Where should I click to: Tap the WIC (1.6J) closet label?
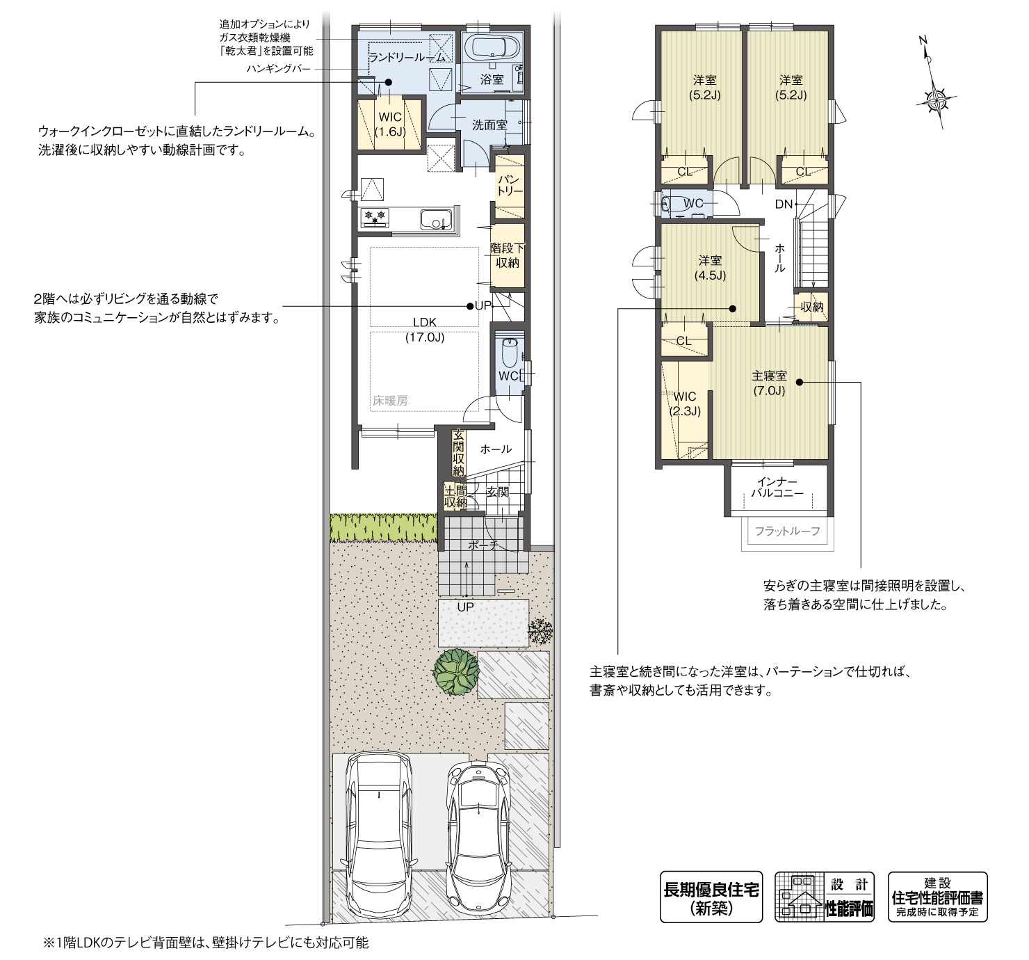click(389, 124)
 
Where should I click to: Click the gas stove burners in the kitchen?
click(376, 218)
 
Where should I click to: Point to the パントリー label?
click(510, 185)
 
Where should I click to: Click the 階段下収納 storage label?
click(508, 255)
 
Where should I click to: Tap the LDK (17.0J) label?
click(424, 330)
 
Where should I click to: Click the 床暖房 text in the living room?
click(389, 401)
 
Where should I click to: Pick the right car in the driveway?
click(478, 835)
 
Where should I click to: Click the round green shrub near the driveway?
click(457, 671)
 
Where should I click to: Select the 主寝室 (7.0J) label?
click(769, 383)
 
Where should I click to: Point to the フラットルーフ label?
click(787, 531)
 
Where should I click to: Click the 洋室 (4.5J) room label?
click(710, 267)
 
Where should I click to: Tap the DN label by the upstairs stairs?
click(784, 204)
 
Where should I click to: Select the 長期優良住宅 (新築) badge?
click(711, 897)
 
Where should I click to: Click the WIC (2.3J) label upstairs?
click(684, 403)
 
